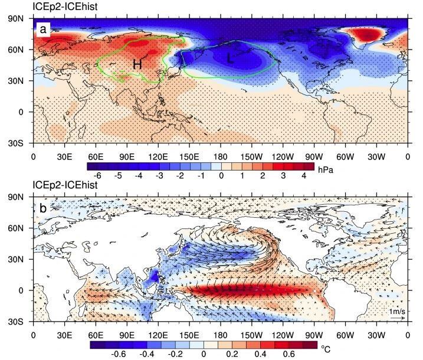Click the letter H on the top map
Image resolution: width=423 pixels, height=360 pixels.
tap(137, 65)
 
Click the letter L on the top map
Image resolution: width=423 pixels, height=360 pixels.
tap(231, 59)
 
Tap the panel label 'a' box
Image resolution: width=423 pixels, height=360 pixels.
tap(43, 30)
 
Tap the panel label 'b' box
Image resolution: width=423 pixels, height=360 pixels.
tap(43, 210)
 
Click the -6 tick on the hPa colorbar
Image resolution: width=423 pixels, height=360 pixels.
tap(97, 176)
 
